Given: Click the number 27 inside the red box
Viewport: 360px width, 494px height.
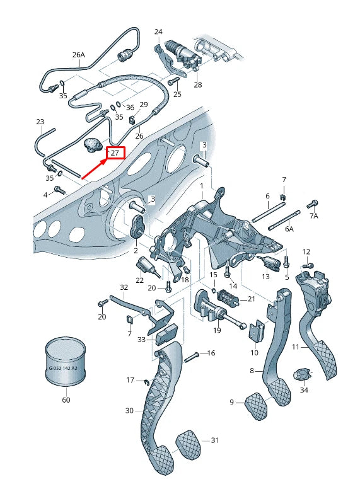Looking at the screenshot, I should tap(116, 152).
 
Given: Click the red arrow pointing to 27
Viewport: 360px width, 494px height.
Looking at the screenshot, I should tap(95, 168).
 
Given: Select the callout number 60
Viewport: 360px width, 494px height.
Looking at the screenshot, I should tap(66, 399).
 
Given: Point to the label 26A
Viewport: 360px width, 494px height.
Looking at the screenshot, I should tap(78, 55).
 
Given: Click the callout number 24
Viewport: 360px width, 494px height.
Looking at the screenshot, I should tap(158, 32).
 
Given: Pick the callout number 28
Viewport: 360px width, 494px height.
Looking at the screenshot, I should tap(197, 84).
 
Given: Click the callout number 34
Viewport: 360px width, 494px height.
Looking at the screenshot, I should tap(305, 391).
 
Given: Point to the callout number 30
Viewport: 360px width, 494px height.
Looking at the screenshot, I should tap(129, 410).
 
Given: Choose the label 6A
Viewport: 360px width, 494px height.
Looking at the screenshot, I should tap(289, 229).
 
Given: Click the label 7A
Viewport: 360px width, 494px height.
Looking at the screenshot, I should tap(313, 216).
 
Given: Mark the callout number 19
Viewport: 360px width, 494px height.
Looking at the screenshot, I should tap(217, 330).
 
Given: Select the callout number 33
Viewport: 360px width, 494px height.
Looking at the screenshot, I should tap(141, 340).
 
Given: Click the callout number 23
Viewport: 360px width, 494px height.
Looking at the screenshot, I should tap(40, 122).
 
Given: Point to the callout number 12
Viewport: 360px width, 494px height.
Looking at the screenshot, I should tap(306, 252).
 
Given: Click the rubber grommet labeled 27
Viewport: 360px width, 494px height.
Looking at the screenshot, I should tap(95, 144).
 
